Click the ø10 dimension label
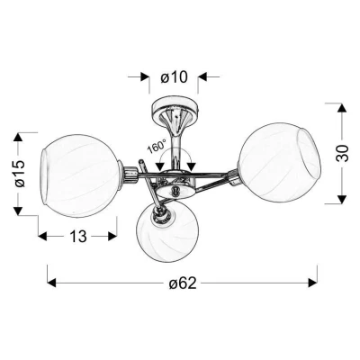coord(174,77)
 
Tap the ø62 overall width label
coord(183,283)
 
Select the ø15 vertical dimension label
coord(21,174)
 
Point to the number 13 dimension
coord(78,237)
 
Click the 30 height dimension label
coord(343,153)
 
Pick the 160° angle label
coord(157,146)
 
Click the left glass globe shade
coord(80,175)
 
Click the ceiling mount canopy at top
coord(175,109)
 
